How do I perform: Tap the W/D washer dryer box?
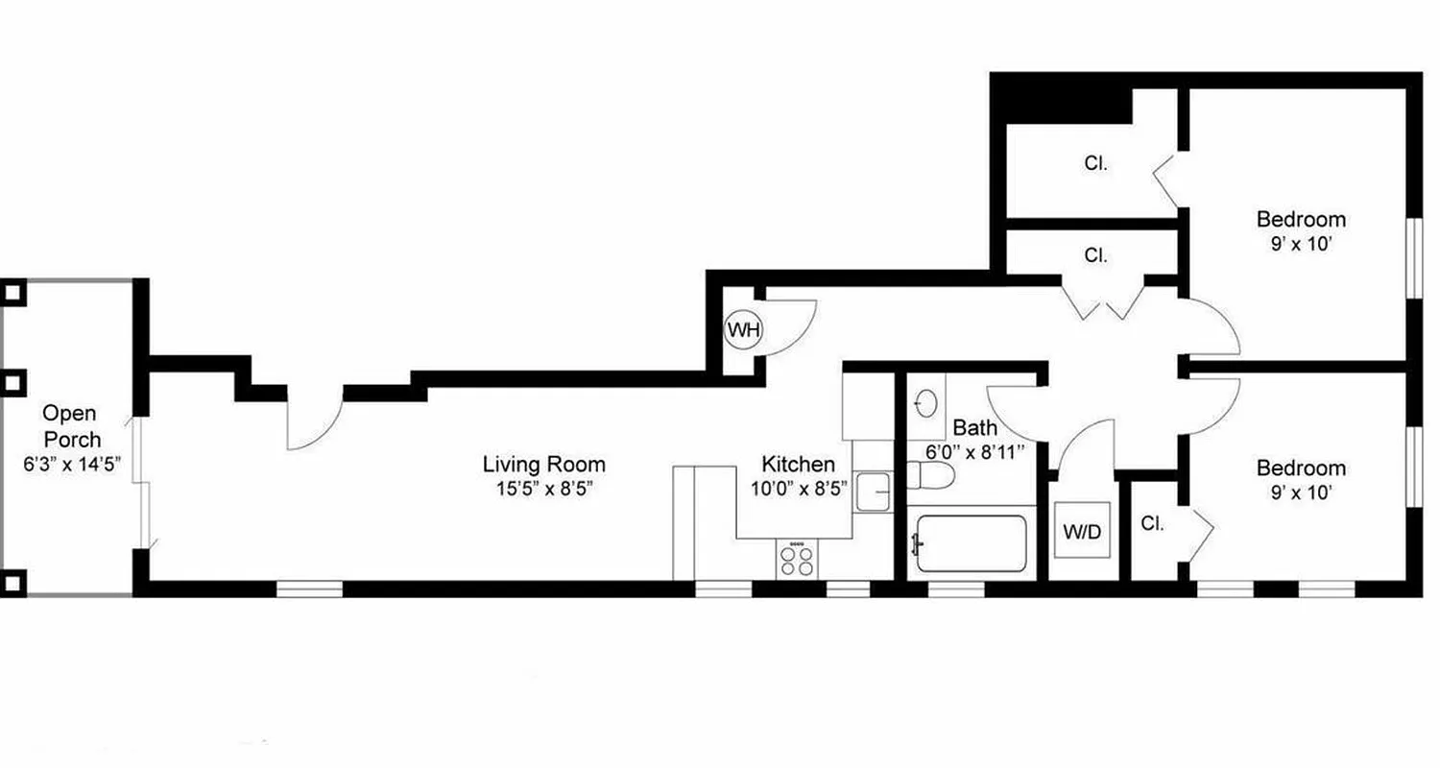[1082, 531]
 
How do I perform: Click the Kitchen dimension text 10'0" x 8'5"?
[800, 488]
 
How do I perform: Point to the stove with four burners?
[795, 559]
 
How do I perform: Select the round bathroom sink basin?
[926, 403]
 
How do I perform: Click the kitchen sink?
[873, 492]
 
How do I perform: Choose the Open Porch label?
[71, 426]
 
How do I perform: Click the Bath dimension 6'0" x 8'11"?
[974, 450]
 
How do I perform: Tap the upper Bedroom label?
[1301, 220]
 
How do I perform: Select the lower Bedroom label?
[1301, 468]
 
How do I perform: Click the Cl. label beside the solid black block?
[1096, 164]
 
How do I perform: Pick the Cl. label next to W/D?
[1153, 524]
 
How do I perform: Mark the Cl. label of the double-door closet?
[1095, 256]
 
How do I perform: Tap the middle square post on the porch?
[13, 384]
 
